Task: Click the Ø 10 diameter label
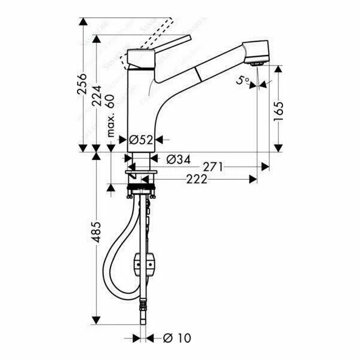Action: point(177,339)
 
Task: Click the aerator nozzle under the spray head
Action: point(258,63)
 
